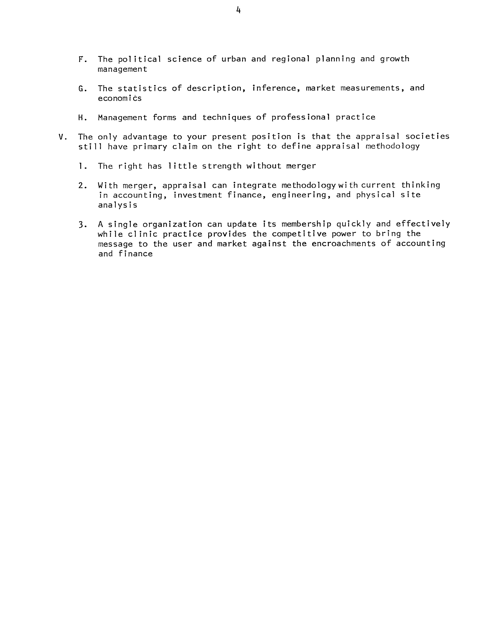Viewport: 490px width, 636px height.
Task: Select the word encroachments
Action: [x=343, y=244]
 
